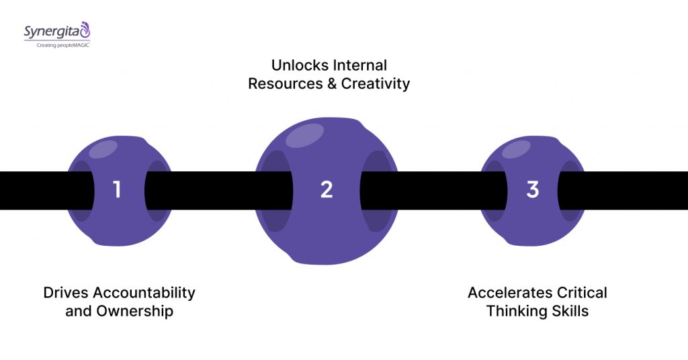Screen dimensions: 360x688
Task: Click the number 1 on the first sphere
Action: pos(118,190)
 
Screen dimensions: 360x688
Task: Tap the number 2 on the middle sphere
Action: pos(327,190)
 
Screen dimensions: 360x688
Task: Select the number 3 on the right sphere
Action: pos(533,190)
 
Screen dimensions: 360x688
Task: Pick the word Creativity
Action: pos(376,84)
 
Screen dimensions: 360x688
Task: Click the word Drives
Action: pos(66,293)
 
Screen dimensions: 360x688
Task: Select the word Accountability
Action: pos(144,294)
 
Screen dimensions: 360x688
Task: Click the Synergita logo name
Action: pos(50,30)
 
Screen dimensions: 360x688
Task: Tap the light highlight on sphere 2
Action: pos(305,135)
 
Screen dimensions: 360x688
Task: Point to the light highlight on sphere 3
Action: pos(516,149)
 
